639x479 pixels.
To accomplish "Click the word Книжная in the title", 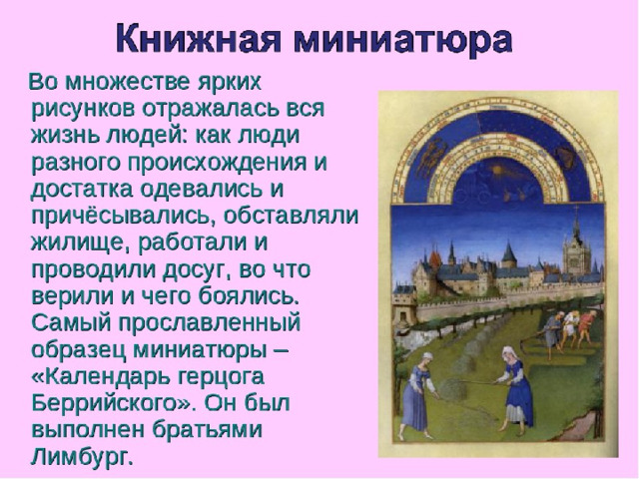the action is [x=198, y=38].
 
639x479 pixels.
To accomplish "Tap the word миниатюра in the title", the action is [x=402, y=38].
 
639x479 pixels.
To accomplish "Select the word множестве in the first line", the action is [x=128, y=82].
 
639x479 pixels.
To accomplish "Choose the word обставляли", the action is [x=291, y=216].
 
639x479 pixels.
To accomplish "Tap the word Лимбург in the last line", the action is [x=82, y=457].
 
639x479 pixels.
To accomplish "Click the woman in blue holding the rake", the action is [x=514, y=389].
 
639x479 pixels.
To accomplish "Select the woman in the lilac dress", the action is [x=419, y=394].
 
